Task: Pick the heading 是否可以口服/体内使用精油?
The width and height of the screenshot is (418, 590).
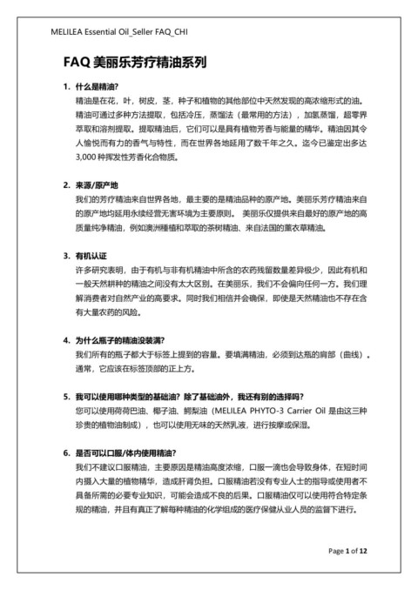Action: click(125, 453)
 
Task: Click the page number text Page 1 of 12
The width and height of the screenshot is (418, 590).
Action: click(348, 551)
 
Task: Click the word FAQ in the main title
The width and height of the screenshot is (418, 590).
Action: click(76, 63)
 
